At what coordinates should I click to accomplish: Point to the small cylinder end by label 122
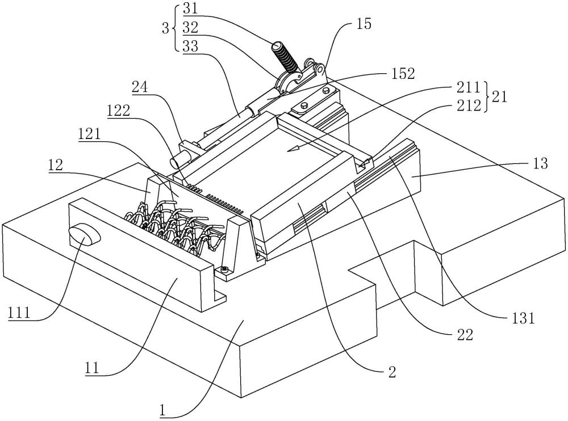(x=179, y=161)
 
